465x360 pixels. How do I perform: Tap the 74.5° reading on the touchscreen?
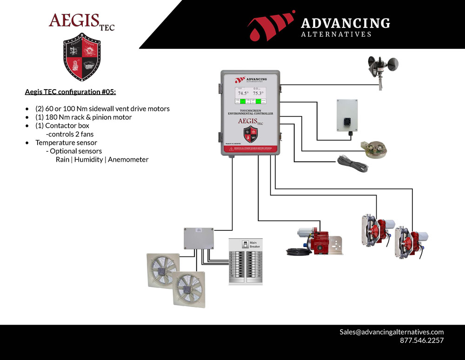tap(244, 93)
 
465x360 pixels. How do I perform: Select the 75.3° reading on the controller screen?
tap(258, 93)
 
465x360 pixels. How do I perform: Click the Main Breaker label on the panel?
tap(253, 244)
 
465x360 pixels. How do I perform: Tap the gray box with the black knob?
tap(347, 115)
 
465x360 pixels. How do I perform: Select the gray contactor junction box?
tap(199, 238)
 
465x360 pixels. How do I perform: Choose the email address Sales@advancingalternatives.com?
tap(392, 332)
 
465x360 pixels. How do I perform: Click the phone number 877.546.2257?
tap(422, 340)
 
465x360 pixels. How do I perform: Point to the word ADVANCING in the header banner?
tap(345, 23)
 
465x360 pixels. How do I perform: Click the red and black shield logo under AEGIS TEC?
tap(82, 57)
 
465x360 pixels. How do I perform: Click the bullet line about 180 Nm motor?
tap(83, 117)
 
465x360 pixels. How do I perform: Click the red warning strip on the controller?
tap(250, 149)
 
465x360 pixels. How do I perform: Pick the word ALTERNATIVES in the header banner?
tap(336, 34)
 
